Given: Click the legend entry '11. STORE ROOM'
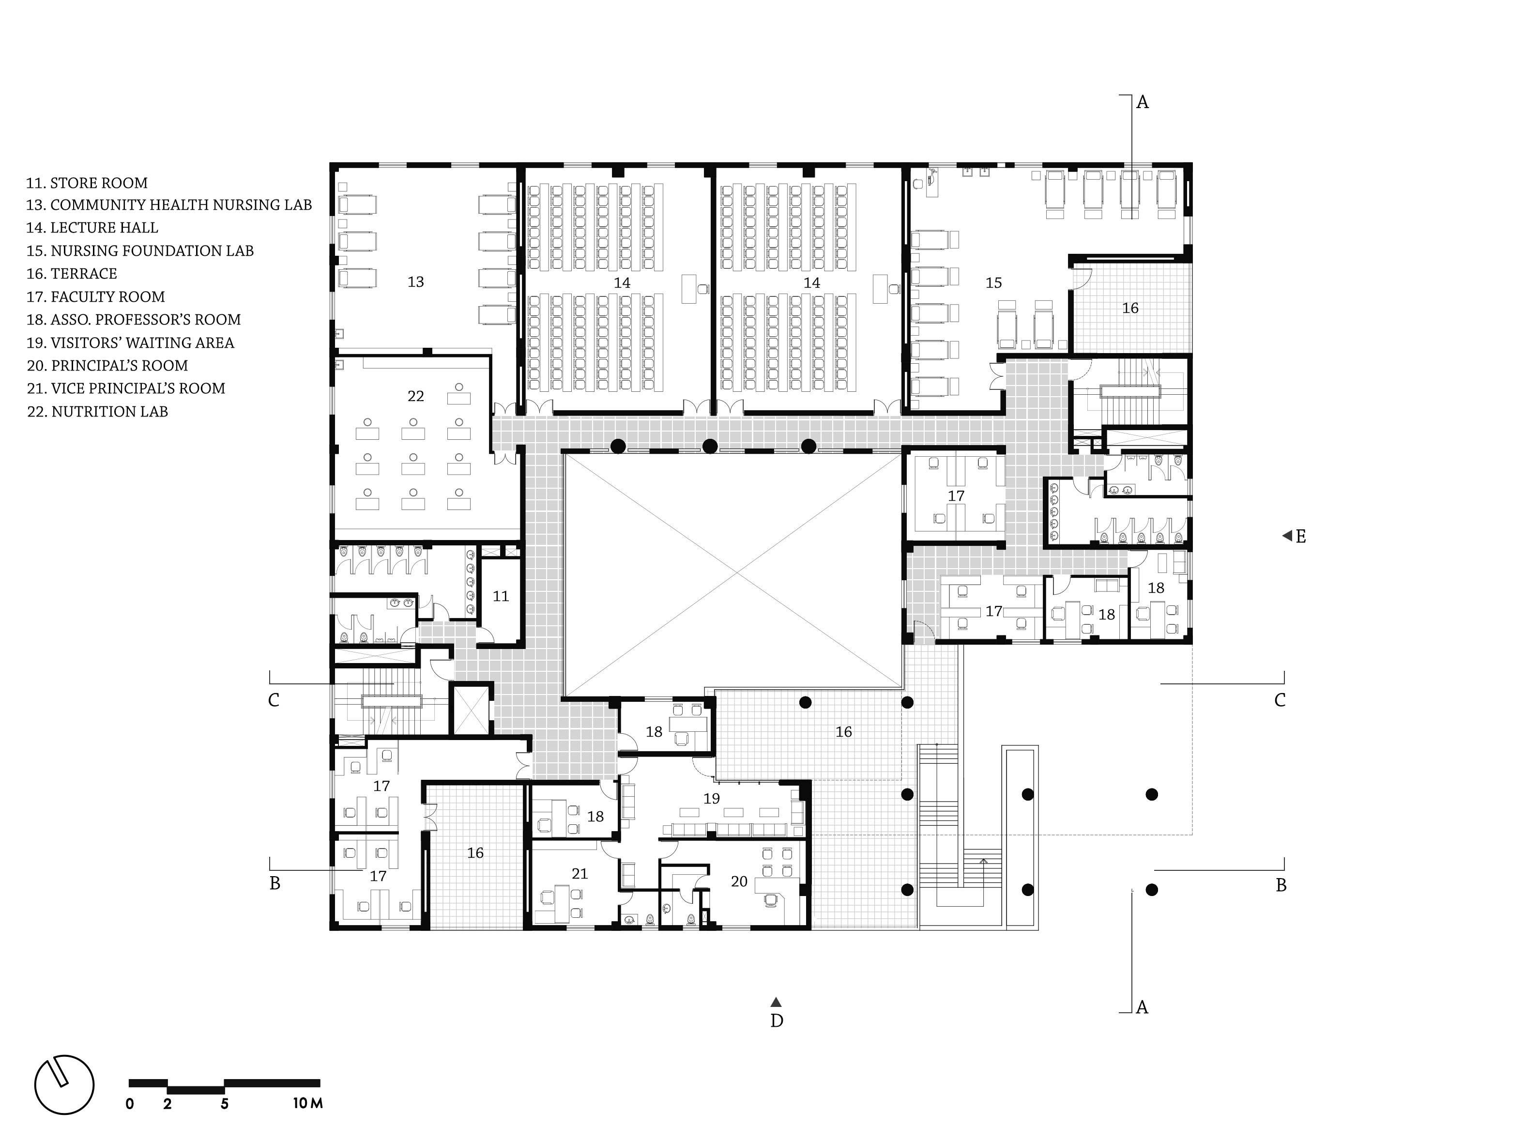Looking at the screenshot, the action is pos(87,183).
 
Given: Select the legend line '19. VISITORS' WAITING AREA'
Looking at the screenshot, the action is pos(130,343).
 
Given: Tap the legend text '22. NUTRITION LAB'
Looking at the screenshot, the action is pos(97,412).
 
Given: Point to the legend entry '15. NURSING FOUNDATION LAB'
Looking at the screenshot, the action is pos(140,251).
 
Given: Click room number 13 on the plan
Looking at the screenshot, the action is pos(416,282).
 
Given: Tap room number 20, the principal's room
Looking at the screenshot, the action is pos(739,881).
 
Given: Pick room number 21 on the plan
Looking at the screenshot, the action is pos(580,874).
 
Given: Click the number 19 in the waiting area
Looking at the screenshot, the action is pos(712,799).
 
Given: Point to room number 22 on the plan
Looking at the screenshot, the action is pos(416,396).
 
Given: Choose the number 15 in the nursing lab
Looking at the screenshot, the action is pos(993,283).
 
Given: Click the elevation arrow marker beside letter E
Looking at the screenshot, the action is pos(1286,536).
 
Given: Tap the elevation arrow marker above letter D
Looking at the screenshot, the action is pos(776,1002).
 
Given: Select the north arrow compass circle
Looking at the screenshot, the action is pos(64,1085).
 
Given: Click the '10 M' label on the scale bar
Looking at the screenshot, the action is pos(307,1103).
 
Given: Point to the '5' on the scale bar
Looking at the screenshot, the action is pos(225,1103).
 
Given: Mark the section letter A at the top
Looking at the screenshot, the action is pos(1143,102).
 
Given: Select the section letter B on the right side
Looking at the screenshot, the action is pos(1281,885).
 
